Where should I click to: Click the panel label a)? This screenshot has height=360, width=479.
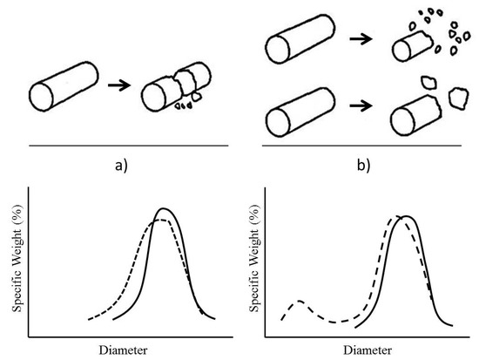click(121, 166)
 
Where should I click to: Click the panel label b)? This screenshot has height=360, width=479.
click(363, 166)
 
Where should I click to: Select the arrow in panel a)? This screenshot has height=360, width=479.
click(118, 85)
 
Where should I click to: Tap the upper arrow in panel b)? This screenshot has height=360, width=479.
click(361, 39)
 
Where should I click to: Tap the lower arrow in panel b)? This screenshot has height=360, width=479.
click(361, 105)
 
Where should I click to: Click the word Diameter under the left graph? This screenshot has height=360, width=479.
click(123, 350)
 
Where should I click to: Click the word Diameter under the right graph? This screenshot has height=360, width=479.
click(368, 350)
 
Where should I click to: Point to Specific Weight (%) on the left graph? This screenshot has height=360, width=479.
click(17, 258)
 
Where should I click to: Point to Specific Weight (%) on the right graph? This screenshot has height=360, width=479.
click(254, 258)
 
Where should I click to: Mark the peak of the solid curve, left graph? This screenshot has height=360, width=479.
click(164, 208)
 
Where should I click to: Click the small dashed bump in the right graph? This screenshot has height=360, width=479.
click(300, 301)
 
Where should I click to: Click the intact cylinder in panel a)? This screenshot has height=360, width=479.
click(64, 86)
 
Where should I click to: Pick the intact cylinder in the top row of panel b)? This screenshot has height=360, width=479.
click(300, 39)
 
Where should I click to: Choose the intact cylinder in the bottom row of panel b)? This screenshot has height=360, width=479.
click(300, 112)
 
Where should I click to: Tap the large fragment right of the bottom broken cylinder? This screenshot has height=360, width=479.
click(458, 98)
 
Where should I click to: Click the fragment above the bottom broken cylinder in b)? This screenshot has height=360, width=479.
click(428, 82)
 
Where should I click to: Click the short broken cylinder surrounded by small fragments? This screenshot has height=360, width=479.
click(413, 45)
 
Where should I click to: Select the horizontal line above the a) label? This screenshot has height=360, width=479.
click(129, 146)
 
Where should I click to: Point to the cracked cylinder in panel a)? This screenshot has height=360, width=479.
click(177, 87)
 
